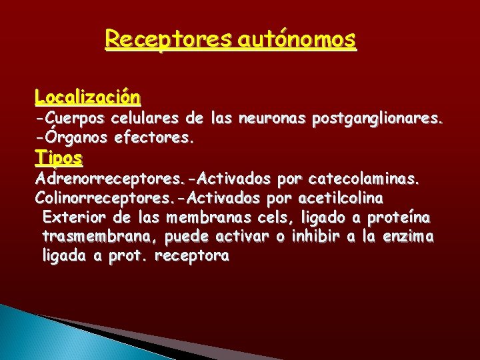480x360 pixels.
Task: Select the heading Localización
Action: (x=88, y=97)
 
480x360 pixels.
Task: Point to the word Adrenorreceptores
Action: (x=107, y=179)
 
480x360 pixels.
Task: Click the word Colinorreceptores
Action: (x=107, y=198)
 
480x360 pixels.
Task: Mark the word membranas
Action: (x=206, y=217)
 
